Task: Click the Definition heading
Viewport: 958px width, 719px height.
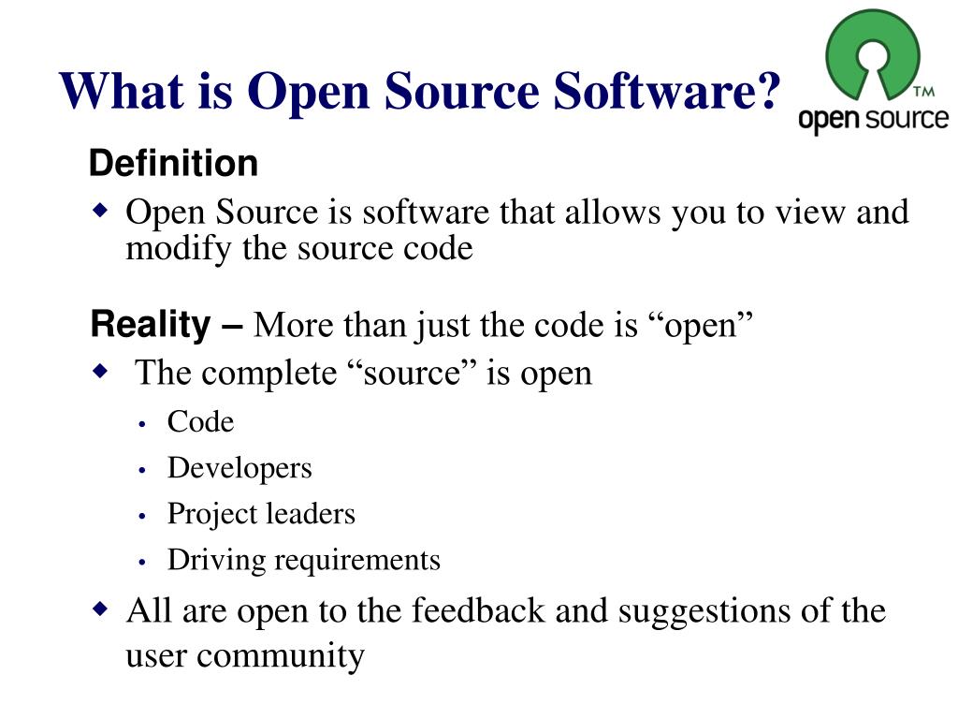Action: tap(173, 164)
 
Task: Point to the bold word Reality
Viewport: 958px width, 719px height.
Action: tap(151, 326)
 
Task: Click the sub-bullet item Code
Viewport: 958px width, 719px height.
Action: tap(200, 422)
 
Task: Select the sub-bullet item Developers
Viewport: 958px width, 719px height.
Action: tap(239, 468)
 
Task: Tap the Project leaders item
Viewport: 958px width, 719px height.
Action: tap(261, 514)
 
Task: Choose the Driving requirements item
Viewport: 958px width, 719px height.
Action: tap(303, 560)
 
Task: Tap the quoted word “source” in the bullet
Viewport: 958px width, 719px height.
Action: tap(407, 373)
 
